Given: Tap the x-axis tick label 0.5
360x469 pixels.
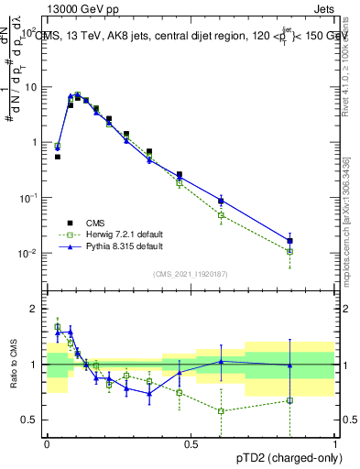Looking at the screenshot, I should point(191,443).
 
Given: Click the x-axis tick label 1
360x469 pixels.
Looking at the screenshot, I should point(334,443).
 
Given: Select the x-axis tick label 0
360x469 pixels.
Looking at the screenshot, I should point(47,443).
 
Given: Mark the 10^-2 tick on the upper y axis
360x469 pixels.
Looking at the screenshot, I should point(30,254).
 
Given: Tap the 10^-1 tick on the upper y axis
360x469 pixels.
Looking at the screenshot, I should point(30,198).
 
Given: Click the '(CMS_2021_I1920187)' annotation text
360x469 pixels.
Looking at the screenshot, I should point(191,273).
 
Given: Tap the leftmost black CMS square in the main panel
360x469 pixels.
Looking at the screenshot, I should point(58,157).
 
